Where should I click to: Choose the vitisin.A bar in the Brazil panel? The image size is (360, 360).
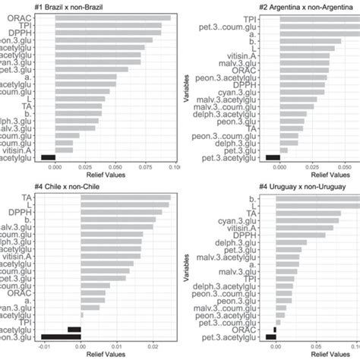[x=65, y=150]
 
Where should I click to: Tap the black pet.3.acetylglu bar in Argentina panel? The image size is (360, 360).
[x=273, y=158]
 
